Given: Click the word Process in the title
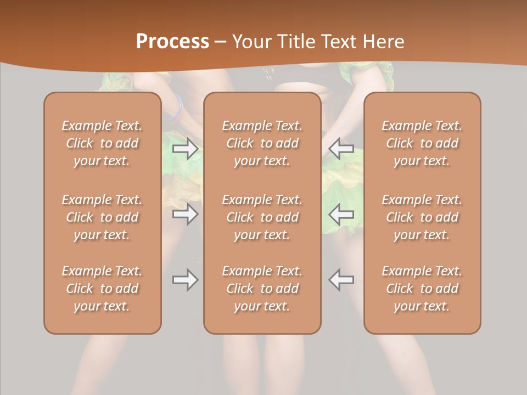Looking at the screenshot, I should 172,41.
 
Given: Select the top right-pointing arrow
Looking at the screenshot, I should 186,149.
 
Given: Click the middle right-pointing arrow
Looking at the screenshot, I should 186,213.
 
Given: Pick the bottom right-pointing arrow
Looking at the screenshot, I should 186,280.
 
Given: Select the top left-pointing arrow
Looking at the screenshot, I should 341,149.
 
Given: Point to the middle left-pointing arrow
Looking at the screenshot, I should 341,213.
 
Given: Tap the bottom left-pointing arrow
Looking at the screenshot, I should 341,280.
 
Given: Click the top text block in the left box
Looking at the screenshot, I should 102,143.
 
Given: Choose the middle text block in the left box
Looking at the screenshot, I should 102,217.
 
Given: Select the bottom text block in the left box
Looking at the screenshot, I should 102,289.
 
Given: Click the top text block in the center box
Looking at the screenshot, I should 262,143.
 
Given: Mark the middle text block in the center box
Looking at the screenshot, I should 262,217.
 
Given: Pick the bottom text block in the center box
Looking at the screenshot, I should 262,289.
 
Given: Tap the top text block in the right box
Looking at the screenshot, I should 422,143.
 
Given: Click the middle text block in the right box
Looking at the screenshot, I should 422,217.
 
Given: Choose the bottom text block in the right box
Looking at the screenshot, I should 422,289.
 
